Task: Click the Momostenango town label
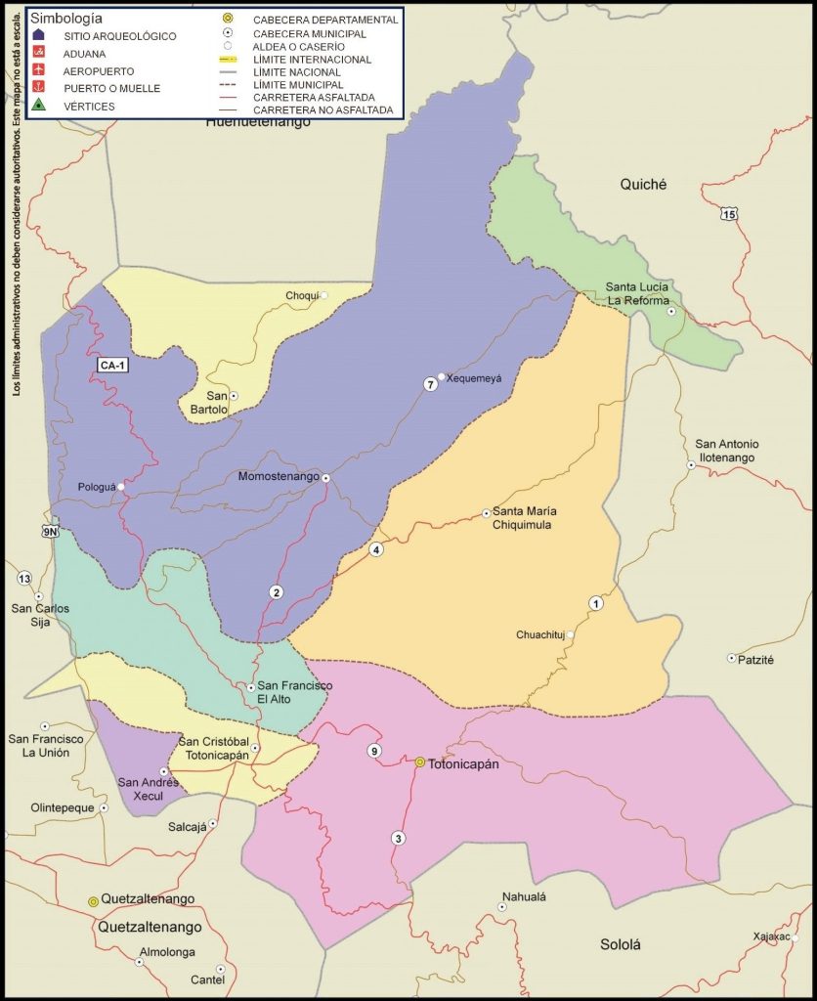(279, 477)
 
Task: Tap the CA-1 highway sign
(112, 365)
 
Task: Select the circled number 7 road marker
(429, 384)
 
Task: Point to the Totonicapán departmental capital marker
(420, 762)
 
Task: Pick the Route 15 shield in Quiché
(728, 212)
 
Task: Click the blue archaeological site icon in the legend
(37, 36)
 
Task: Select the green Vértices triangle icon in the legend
(37, 105)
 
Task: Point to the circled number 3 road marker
(398, 838)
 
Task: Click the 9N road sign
(50, 531)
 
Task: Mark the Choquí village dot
(325, 295)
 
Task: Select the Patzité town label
(755, 660)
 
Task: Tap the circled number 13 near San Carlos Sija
(24, 578)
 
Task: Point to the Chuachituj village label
(540, 635)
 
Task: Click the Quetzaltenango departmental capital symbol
(94, 900)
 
